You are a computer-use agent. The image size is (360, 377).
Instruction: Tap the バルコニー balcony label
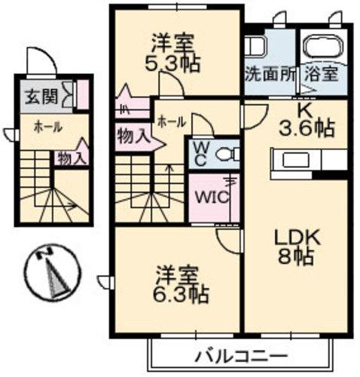click(x=240, y=354)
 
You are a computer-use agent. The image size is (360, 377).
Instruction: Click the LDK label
click(x=295, y=237)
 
